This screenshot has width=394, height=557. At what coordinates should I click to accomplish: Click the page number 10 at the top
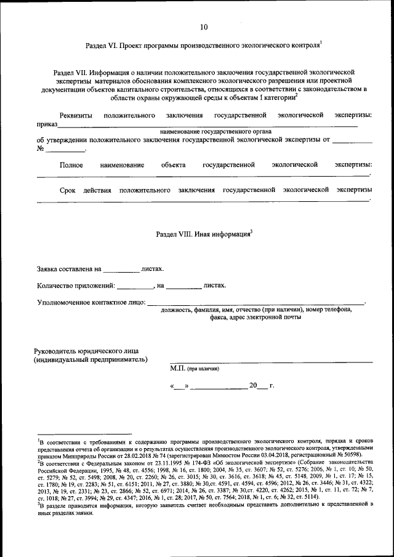coord(204,26)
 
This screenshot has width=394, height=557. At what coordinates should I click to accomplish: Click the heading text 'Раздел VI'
coord(100,46)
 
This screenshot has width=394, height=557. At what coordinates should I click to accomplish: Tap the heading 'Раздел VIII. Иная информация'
coord(204,234)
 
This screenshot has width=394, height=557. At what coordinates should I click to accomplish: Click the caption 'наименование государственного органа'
coord(207,132)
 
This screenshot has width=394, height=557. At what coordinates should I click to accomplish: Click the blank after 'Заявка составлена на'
coord(121,270)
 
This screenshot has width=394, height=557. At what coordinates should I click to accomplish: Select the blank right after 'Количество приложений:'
coord(135,286)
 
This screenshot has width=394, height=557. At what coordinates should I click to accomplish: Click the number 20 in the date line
coord(254,385)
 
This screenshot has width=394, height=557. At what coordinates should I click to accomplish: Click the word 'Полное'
coord(71,164)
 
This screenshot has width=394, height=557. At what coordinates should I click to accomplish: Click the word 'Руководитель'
coord(60,350)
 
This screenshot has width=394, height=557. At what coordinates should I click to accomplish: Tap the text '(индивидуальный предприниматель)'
coord(90,359)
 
